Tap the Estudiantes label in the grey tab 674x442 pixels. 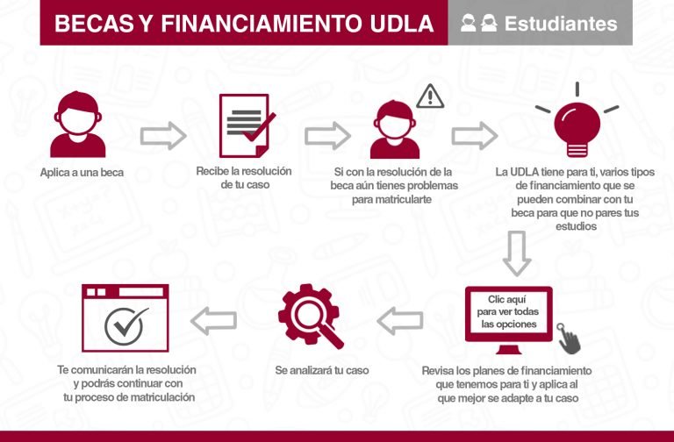pos(561,24)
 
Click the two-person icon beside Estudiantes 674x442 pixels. pos(479,24)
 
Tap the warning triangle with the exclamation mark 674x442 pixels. pos(430,96)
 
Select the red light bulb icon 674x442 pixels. pos(577,124)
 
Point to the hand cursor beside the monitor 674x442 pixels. pos(570,338)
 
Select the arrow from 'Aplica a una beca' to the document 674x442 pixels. pos(163,136)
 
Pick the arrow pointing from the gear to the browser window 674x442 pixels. pos(213,321)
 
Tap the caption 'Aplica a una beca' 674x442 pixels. pos(82,173)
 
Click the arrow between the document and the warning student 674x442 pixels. pos(327,136)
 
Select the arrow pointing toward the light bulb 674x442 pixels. pos(474,136)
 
